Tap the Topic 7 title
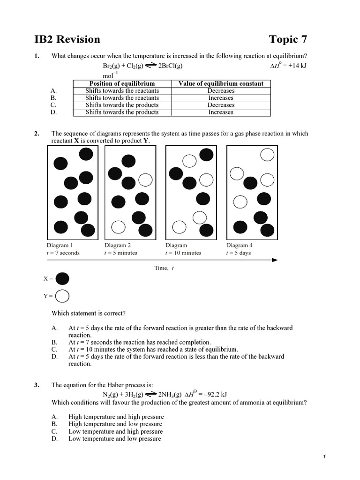point(288,39)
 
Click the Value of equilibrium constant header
point(221,83)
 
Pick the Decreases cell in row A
point(221,91)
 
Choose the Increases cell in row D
point(221,112)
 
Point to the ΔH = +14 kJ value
point(288,66)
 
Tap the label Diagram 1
point(60,245)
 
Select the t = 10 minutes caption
point(183,253)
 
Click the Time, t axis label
point(164,268)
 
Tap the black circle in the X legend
point(62,279)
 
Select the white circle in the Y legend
point(62,296)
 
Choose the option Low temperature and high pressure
point(116,431)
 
